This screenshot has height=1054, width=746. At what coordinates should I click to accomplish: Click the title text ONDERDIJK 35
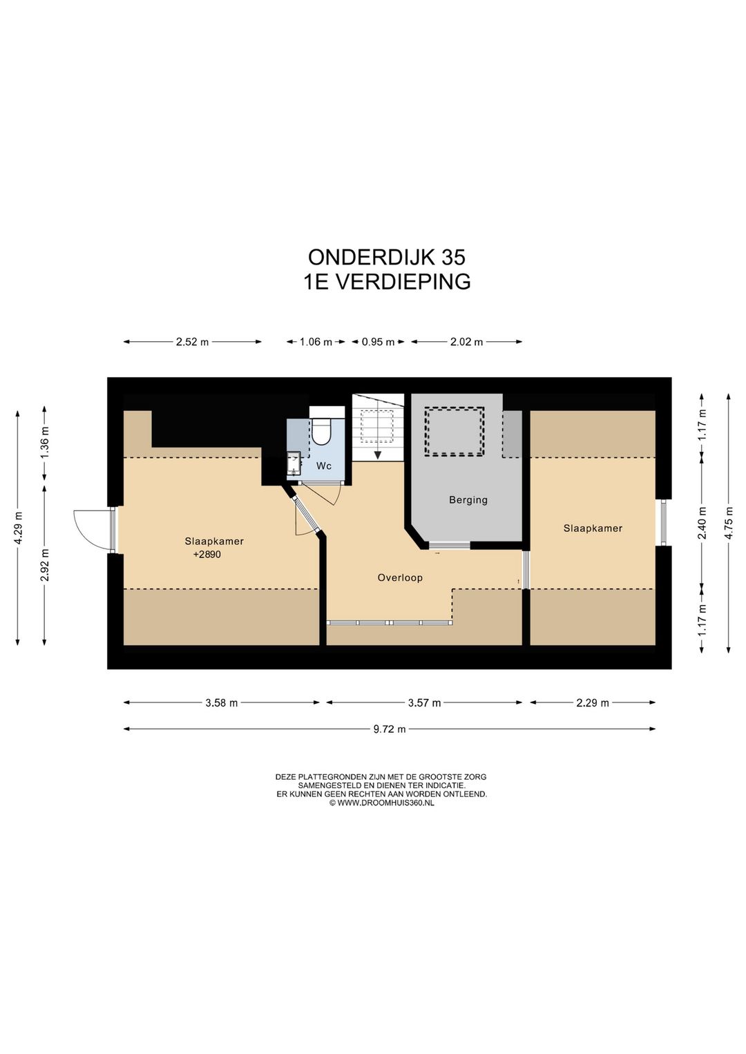[x=386, y=257]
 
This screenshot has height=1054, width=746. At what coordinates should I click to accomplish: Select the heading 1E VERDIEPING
[x=387, y=282]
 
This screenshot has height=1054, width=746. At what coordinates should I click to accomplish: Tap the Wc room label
[x=324, y=466]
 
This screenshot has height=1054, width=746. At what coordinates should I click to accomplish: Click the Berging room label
[x=468, y=500]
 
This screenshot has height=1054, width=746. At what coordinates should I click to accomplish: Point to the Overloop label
[x=400, y=577]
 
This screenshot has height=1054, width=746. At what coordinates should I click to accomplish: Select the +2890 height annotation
[x=207, y=555]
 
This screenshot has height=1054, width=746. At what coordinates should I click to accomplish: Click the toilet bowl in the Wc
[x=322, y=432]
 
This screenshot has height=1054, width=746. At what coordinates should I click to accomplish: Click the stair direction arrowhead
[x=378, y=454]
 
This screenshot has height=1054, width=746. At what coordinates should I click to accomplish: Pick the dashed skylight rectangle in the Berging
[x=454, y=431]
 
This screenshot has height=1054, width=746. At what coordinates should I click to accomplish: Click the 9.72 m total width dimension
[x=389, y=729]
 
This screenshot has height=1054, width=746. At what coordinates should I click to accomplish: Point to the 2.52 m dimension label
[x=192, y=342]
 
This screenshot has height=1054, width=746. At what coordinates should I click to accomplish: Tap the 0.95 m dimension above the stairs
[x=378, y=342]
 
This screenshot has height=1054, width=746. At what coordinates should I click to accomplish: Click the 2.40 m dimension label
[x=702, y=523]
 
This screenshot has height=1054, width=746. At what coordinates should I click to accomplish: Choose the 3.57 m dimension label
[x=423, y=703]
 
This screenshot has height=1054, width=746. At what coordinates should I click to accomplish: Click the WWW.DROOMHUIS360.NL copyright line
[x=381, y=803]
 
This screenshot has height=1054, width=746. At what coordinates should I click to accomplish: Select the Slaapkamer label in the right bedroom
[x=593, y=528]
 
